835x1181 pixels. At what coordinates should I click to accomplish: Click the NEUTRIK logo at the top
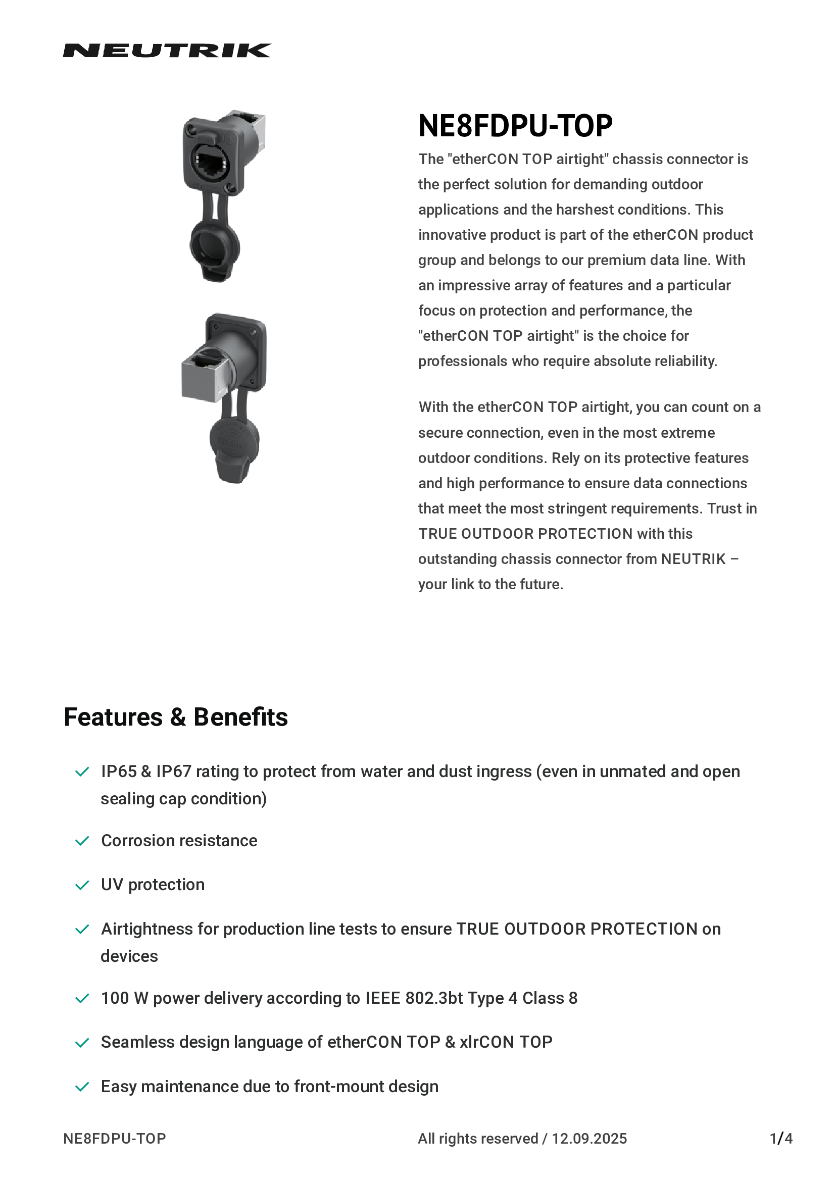coord(167,50)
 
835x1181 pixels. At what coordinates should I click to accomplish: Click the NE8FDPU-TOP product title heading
coord(515,126)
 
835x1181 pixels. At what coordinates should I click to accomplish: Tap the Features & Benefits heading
coord(175,717)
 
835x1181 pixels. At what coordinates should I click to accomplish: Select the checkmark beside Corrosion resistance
coord(82,841)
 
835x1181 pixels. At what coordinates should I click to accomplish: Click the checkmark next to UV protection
coord(82,885)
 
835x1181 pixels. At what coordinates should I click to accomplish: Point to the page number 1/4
coord(780,1138)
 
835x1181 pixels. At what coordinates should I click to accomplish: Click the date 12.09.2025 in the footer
coord(589,1138)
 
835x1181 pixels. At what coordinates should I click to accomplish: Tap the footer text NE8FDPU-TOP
coord(114,1138)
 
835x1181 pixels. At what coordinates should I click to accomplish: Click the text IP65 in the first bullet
coord(118,772)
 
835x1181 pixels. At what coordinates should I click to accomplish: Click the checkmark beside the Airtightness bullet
coord(82,930)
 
